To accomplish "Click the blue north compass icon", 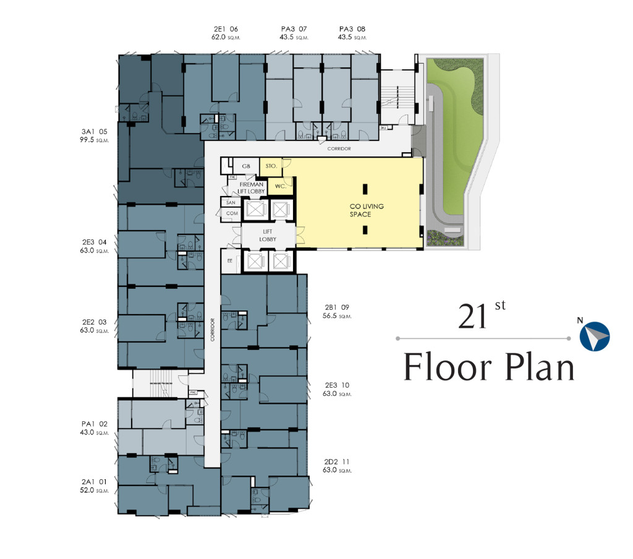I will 595,336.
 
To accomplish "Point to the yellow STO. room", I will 270,166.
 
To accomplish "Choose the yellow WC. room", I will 279,184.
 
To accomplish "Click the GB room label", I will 246,166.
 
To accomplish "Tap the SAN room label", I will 230,202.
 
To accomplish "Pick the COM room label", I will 232,213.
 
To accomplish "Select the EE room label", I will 230,260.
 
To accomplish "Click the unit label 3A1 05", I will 94,132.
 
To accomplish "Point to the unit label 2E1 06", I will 226,29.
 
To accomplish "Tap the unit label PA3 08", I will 352,29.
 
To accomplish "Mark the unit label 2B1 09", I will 336,307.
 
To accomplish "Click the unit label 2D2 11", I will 336,461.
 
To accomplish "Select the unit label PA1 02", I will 94,424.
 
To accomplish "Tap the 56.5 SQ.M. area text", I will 336,316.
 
